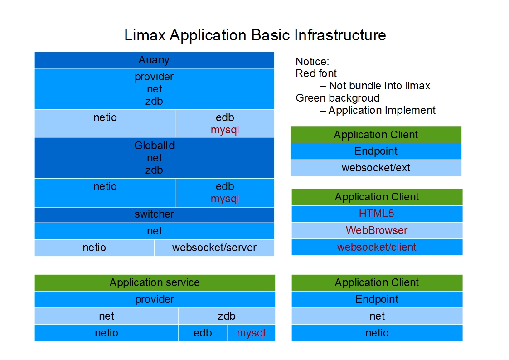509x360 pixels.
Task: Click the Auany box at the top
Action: tap(154, 60)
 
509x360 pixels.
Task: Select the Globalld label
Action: tap(154, 146)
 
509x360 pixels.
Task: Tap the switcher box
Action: tap(154, 214)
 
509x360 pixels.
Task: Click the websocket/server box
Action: tap(214, 248)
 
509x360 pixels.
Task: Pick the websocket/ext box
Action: tap(376, 168)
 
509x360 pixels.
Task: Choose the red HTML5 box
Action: tap(377, 214)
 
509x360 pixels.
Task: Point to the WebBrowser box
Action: tap(377, 230)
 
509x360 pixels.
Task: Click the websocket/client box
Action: tap(377, 248)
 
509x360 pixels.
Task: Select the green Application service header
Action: tap(155, 283)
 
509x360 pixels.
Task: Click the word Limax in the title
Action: tap(145, 35)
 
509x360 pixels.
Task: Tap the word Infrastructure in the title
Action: tap(340, 35)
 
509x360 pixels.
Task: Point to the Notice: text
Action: tap(312, 62)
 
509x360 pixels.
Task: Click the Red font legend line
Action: tap(316, 74)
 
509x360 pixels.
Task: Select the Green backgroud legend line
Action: tap(338, 98)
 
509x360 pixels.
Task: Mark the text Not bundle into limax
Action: tap(379, 86)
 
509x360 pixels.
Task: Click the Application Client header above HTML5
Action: tap(377, 197)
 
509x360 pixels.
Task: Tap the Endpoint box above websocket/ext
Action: tap(376, 151)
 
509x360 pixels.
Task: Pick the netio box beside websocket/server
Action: tap(94, 248)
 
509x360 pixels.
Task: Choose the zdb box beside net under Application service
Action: tap(227, 316)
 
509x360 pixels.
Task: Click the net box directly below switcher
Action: tap(154, 231)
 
